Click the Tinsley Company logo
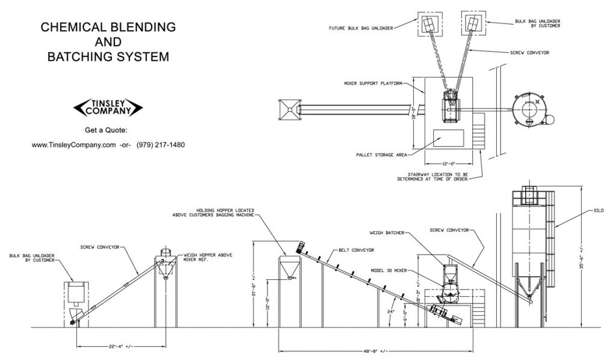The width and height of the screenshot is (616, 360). click(x=108, y=108)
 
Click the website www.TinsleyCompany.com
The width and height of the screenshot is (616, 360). click(x=73, y=144)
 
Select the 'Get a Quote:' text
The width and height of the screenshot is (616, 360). click(x=108, y=129)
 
